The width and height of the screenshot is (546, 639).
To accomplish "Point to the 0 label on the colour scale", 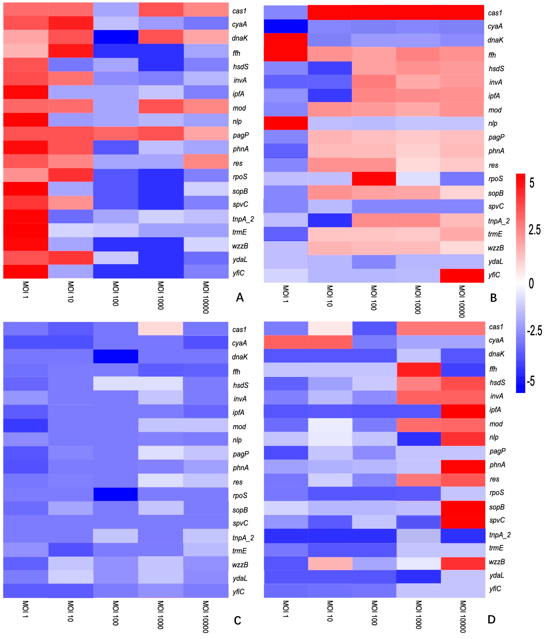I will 531,283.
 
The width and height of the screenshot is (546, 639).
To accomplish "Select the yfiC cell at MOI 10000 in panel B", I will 462,275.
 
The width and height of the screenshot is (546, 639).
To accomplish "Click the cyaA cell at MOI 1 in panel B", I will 286,26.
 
